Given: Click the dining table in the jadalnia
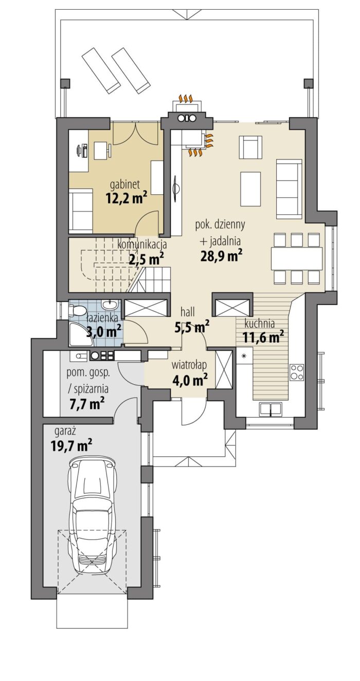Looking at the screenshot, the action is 297,257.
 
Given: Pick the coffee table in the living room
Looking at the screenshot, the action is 250,188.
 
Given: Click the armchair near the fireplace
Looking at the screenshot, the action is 250,147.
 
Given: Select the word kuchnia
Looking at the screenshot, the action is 259,324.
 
